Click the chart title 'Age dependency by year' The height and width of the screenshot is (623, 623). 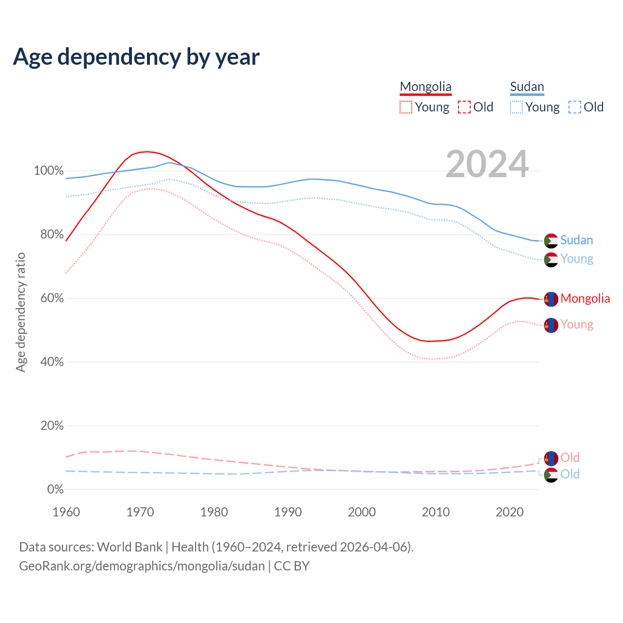136,57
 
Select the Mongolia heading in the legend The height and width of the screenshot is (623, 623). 425,87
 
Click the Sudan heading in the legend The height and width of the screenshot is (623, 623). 527,87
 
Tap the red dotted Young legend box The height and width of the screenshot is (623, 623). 405,107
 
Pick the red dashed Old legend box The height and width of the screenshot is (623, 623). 464,107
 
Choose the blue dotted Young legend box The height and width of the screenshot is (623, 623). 516,107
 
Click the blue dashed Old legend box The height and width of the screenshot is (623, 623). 575,107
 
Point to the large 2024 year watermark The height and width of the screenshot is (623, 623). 487,165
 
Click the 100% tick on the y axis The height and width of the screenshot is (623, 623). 49,171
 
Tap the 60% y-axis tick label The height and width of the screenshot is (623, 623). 52,298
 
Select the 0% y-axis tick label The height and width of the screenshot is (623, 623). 55,490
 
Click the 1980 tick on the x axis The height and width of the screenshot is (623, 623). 214,512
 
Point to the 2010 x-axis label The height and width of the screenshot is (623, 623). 436,512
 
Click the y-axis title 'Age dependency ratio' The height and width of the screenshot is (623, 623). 20,312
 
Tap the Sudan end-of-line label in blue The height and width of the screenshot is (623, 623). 576,240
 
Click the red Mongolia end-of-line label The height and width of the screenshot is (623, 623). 585,298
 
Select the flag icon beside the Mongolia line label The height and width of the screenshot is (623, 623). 551,299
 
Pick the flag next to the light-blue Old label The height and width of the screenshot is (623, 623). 551,475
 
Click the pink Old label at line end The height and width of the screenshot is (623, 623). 569,458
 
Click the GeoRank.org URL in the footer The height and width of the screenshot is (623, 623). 142,566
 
